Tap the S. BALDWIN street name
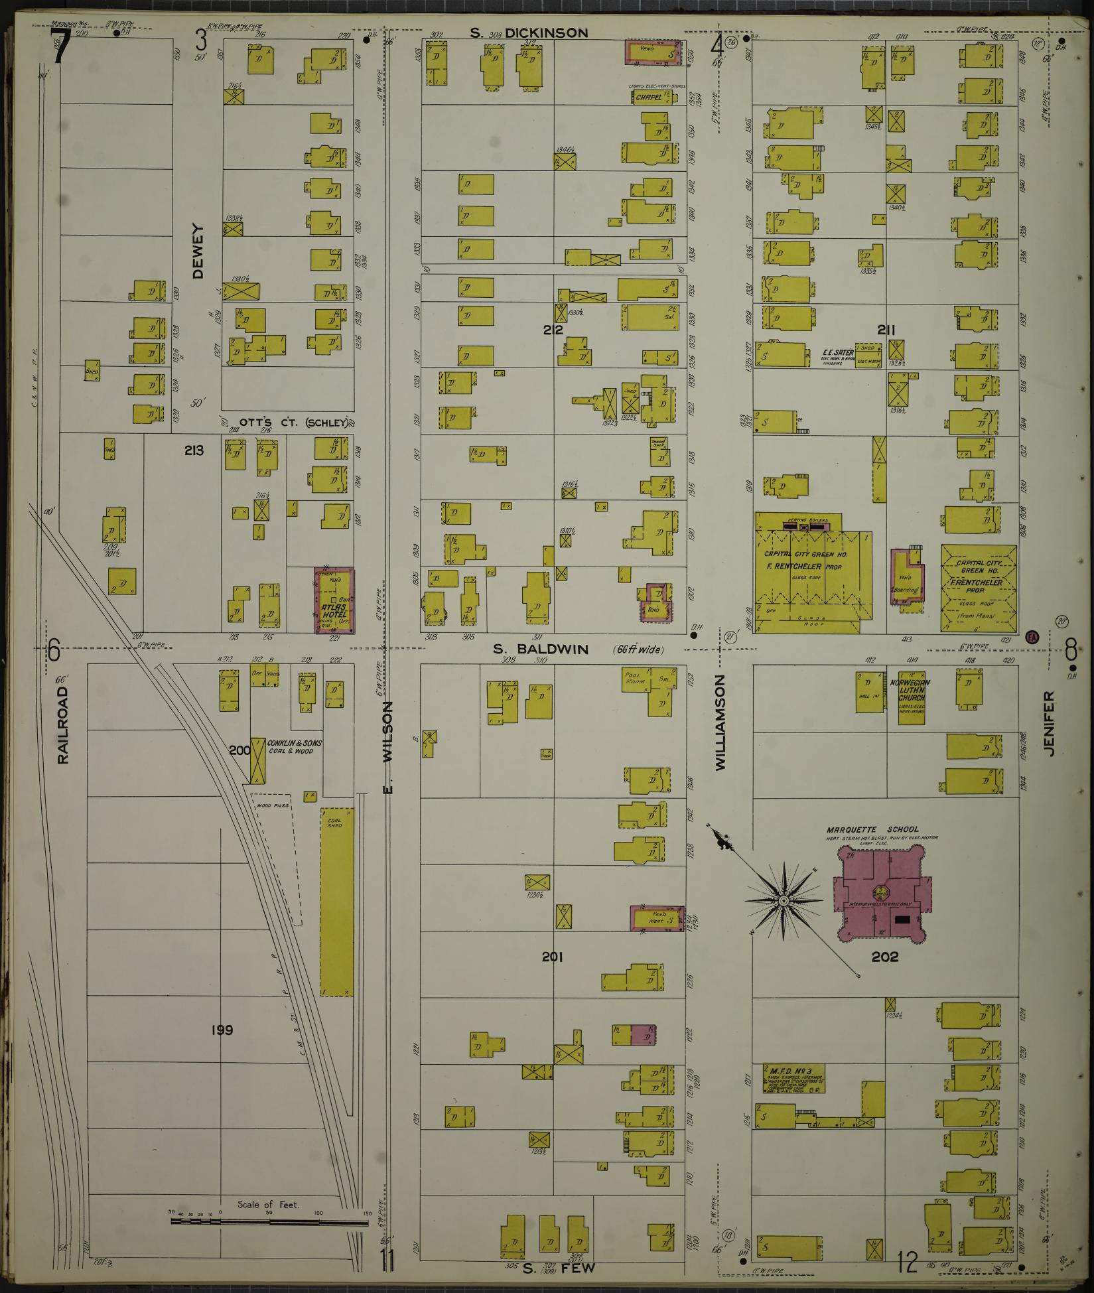(x=541, y=649)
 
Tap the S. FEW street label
(x=558, y=1267)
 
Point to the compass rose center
(x=784, y=901)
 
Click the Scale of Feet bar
(x=268, y=1219)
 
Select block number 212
(x=552, y=330)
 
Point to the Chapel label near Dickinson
(x=648, y=97)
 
